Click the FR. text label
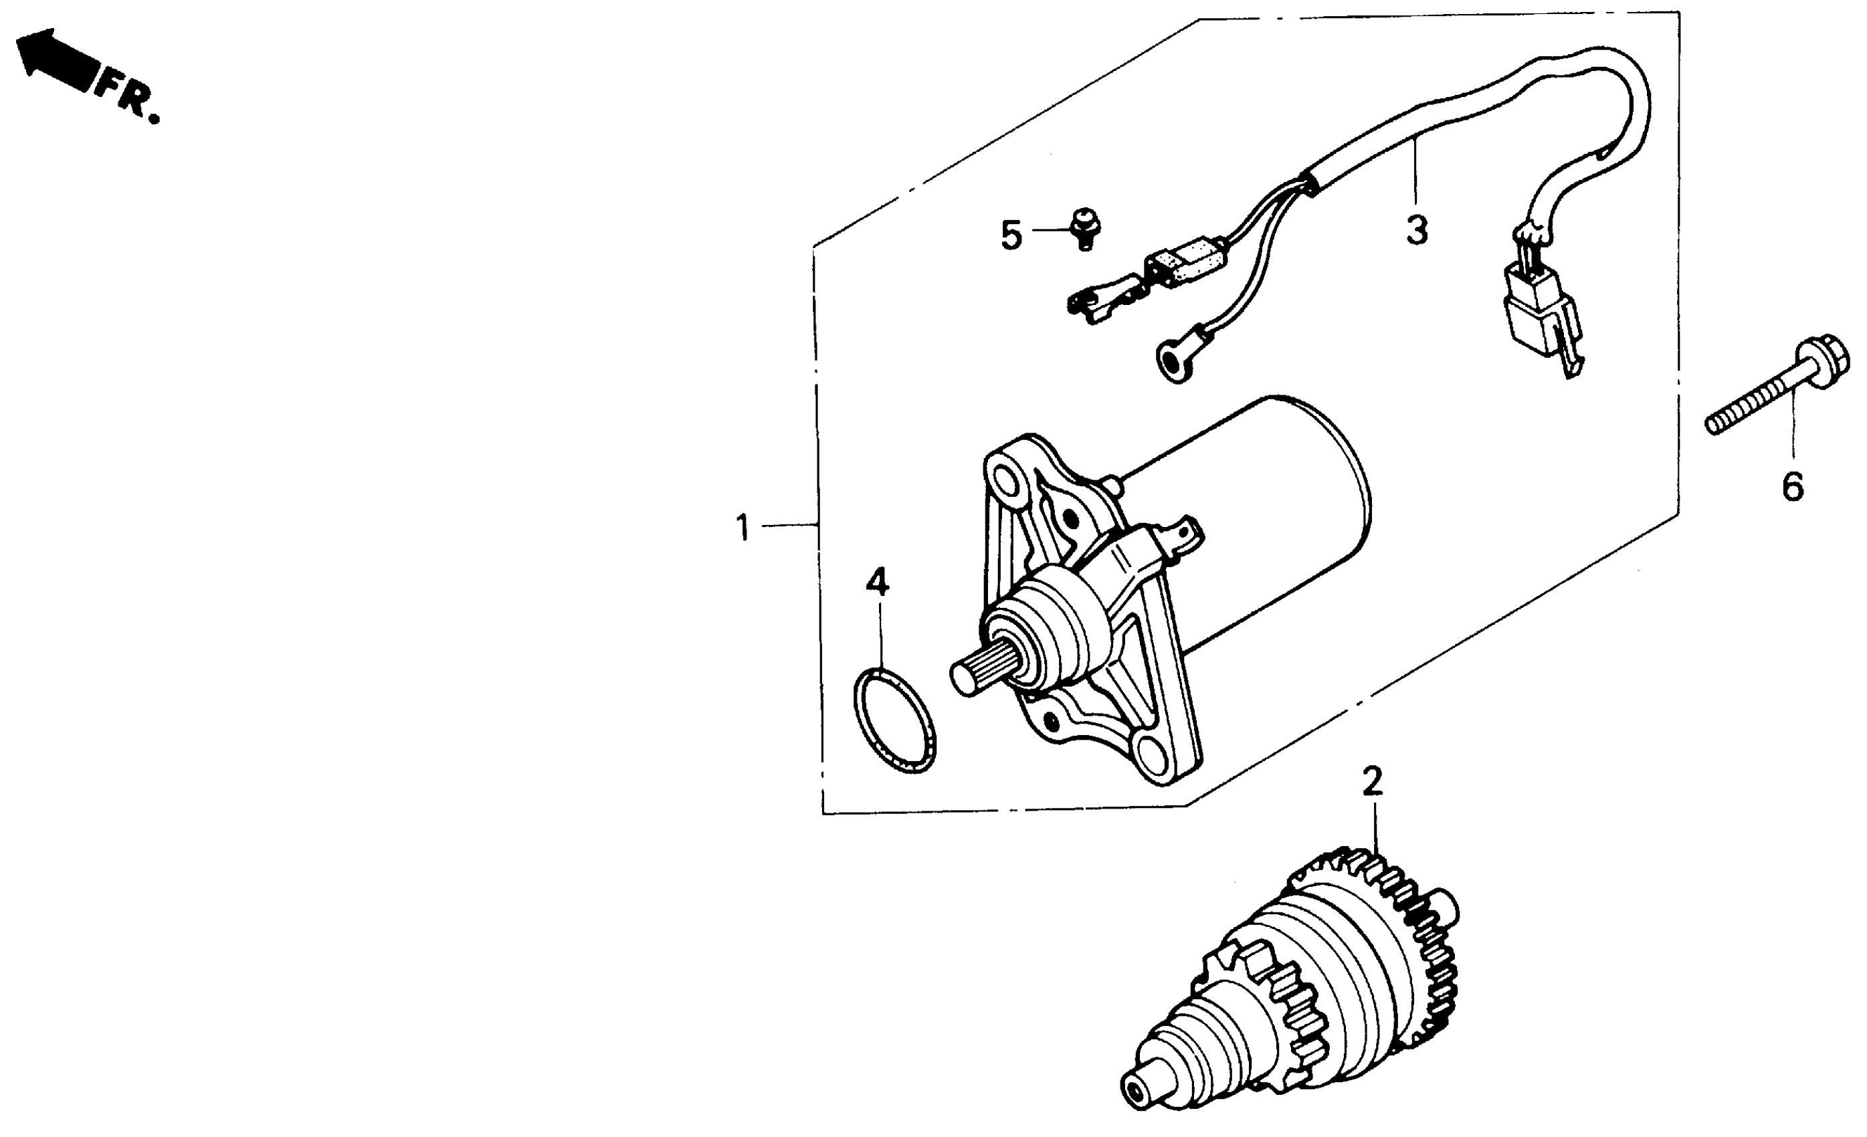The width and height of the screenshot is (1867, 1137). (x=129, y=97)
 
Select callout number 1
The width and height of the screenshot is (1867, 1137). (x=743, y=527)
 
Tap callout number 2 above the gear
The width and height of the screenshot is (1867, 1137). (x=1372, y=782)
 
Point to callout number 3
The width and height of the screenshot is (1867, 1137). (x=1416, y=229)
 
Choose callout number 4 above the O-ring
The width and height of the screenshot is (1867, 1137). (x=878, y=582)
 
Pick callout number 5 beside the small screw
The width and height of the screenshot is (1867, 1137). (x=1011, y=235)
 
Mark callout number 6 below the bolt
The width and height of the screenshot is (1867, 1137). (x=1793, y=486)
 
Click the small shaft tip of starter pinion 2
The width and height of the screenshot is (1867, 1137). (x=1140, y=1096)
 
